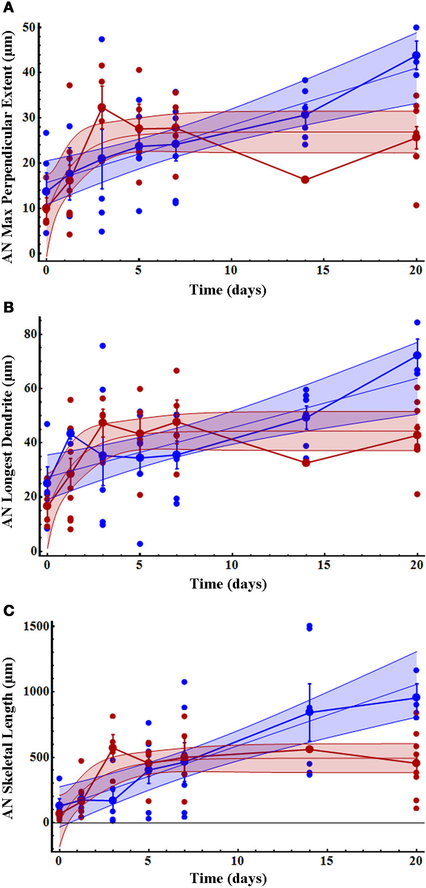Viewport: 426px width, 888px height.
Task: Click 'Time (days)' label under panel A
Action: click(228, 289)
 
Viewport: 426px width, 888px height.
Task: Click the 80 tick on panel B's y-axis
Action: click(31, 334)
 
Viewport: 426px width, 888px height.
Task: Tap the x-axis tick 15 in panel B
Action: click(324, 565)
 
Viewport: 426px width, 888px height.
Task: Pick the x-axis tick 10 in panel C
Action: click(237, 861)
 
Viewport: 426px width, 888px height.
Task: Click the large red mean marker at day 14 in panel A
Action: click(305, 180)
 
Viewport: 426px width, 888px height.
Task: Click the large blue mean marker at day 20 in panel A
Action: click(417, 56)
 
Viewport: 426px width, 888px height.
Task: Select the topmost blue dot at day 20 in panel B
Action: click(417, 322)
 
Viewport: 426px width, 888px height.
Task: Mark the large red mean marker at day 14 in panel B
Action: click(306, 463)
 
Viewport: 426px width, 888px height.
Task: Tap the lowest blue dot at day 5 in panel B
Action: click(140, 544)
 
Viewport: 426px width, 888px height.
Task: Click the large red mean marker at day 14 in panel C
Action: click(309, 749)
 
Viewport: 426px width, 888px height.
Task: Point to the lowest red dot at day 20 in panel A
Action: click(417, 205)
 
